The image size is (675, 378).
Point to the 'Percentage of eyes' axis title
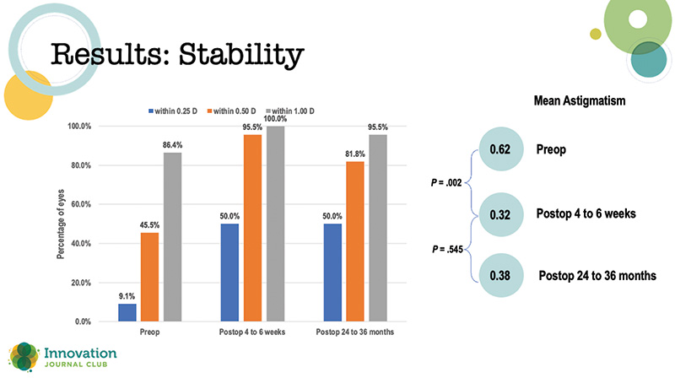coord(62,224)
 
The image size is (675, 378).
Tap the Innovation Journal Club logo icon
coord(24,354)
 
